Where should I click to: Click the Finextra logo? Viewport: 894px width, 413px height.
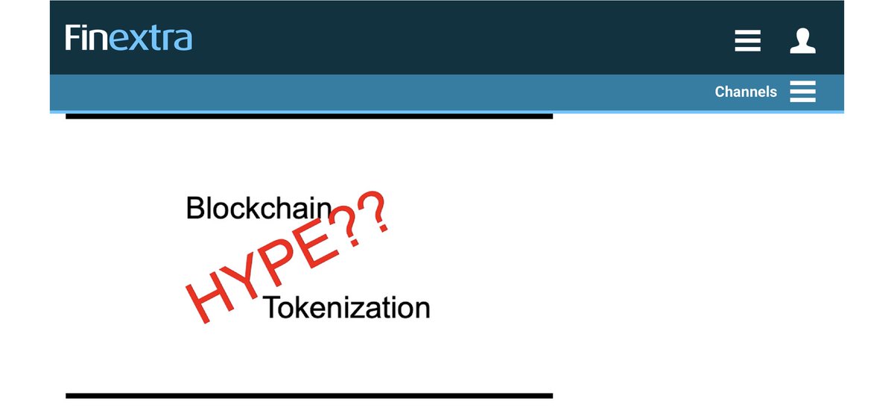128,38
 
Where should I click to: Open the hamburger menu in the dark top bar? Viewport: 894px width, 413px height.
747,40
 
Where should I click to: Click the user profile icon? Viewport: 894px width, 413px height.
802,40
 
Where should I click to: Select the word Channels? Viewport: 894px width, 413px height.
746,92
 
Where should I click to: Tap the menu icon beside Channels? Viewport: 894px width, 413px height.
803,92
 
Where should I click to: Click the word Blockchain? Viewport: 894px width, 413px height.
258,208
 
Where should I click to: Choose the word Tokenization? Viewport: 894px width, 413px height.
346,307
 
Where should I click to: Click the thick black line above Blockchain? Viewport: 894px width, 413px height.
309,116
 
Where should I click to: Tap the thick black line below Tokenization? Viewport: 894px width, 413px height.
309,395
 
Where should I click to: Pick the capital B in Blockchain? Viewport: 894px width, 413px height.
195,208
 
